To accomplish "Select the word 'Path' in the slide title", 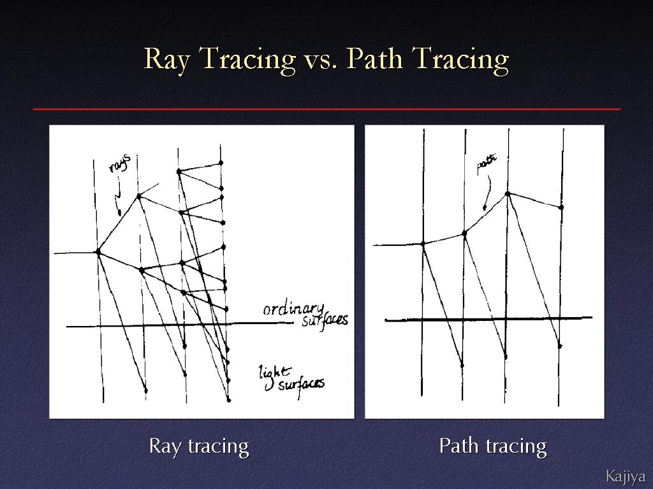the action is (x=374, y=58).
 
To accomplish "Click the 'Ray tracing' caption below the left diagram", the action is (x=199, y=446).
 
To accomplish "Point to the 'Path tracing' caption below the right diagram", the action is (x=493, y=446).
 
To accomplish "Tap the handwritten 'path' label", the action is (x=487, y=165).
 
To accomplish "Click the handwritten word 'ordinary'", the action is (x=293, y=309).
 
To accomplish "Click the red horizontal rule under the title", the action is (x=326, y=110).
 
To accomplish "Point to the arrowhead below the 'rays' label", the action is (x=119, y=213).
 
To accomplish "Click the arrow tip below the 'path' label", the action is (x=485, y=208).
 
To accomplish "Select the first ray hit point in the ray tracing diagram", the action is (x=98, y=252).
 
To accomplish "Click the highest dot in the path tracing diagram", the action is (x=507, y=194).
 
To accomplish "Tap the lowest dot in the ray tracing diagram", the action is (x=229, y=400).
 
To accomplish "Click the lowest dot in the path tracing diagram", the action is (x=462, y=366).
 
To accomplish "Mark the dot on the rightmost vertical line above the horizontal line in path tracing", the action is (x=561, y=207).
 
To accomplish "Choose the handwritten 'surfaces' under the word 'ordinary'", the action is (x=325, y=320).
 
